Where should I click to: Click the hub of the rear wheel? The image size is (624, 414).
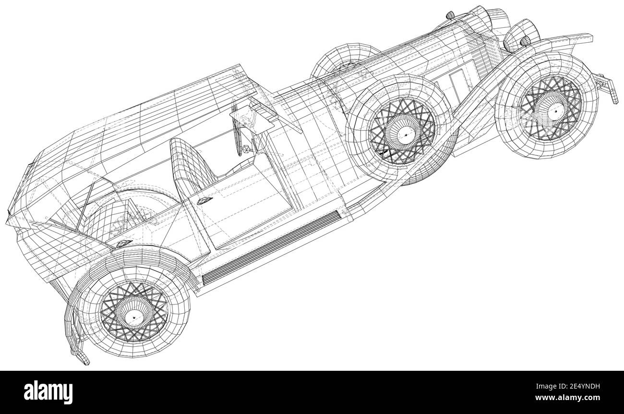point(134,316)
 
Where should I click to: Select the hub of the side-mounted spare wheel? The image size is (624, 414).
point(405,135)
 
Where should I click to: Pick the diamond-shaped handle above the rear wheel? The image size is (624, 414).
point(124,244)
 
